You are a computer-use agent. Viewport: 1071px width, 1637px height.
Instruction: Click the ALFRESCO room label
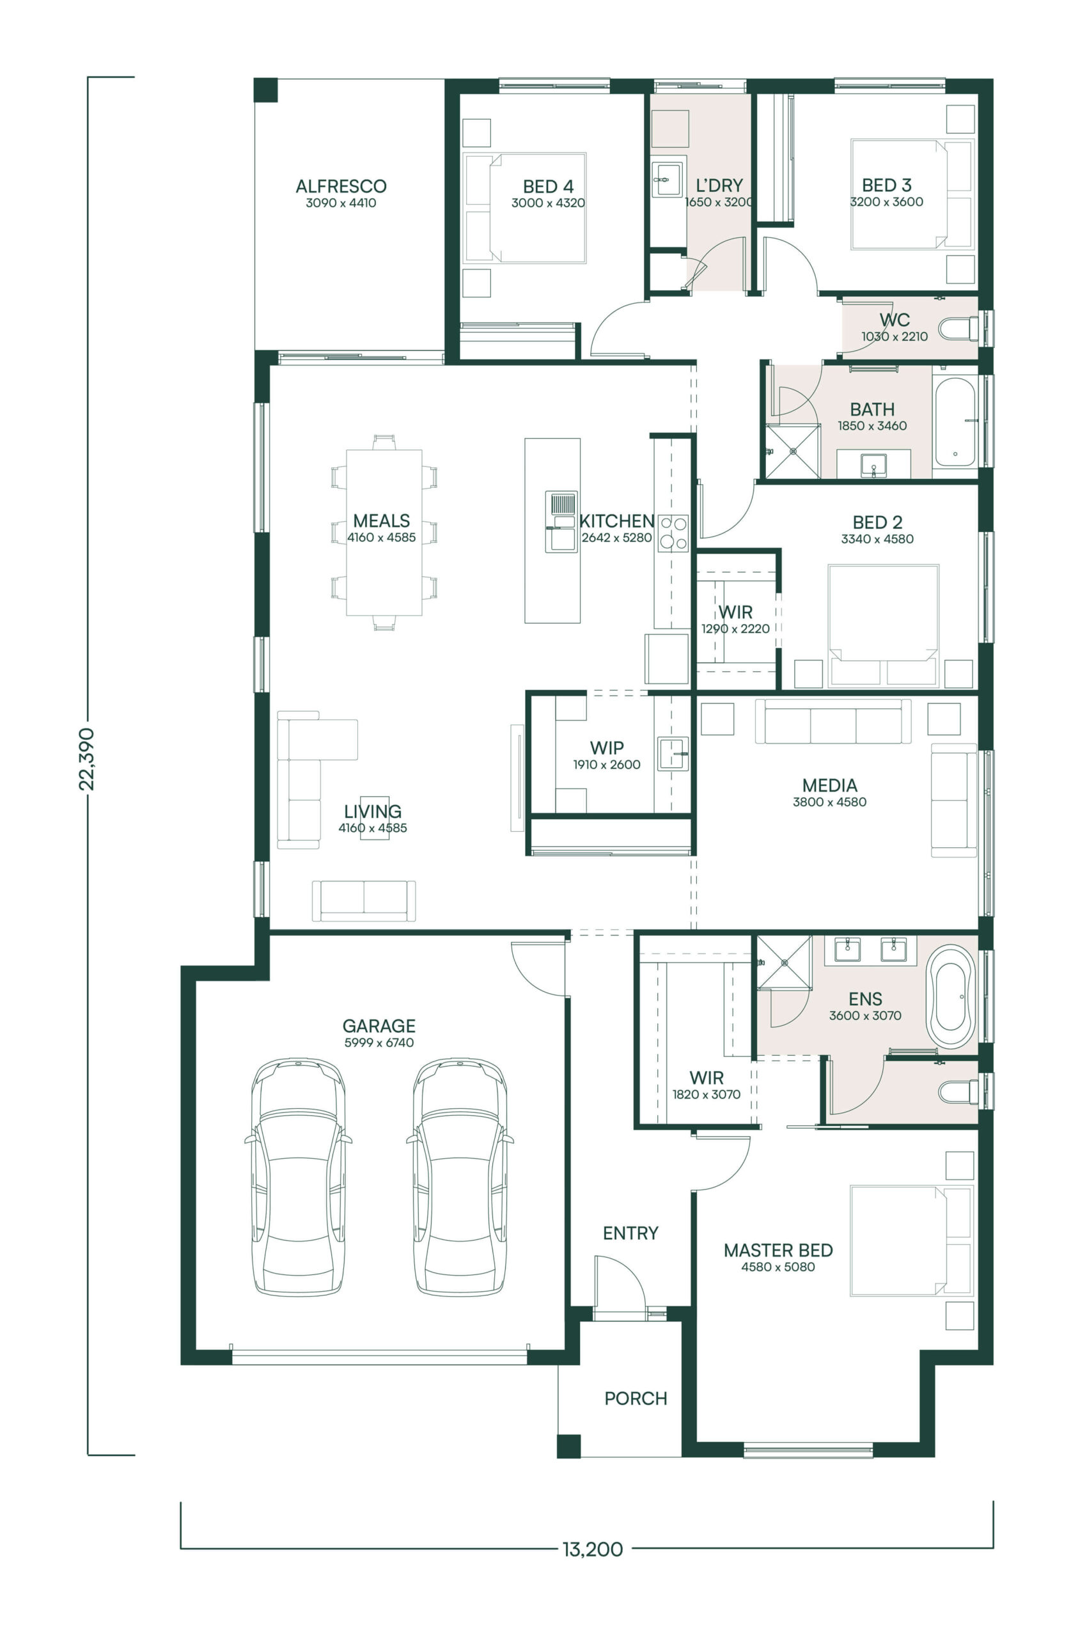pyautogui.click(x=341, y=185)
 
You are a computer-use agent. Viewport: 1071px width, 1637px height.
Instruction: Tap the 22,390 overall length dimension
pyautogui.click(x=87, y=758)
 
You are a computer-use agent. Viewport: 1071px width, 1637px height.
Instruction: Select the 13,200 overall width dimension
pyautogui.click(x=592, y=1549)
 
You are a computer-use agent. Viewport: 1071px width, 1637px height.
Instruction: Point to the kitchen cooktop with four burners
pyautogui.click(x=673, y=533)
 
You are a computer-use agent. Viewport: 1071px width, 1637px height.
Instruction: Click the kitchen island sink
pyautogui.click(x=561, y=521)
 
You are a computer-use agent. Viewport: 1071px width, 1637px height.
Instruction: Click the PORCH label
pyautogui.click(x=636, y=1398)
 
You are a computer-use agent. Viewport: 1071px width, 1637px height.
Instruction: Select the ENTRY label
pyautogui.click(x=630, y=1233)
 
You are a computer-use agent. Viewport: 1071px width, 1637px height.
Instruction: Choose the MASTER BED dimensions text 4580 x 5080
pyautogui.click(x=778, y=1267)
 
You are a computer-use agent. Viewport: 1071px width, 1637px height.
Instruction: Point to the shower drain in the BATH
pyautogui.click(x=792, y=451)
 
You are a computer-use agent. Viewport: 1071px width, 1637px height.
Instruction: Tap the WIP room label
pyautogui.click(x=607, y=748)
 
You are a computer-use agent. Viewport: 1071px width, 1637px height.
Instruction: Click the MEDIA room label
pyautogui.click(x=829, y=785)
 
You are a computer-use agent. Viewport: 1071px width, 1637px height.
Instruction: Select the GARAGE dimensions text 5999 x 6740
pyautogui.click(x=379, y=1043)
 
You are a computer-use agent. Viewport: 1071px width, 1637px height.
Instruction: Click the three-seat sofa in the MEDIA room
pyautogui.click(x=833, y=721)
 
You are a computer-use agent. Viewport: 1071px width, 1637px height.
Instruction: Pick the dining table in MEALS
pyautogui.click(x=384, y=533)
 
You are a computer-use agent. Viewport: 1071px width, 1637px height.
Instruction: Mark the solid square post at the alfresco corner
pyautogui.click(x=265, y=90)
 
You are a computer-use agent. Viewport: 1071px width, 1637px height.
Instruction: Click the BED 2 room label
pyautogui.click(x=877, y=522)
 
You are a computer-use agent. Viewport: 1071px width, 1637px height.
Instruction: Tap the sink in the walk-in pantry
pyautogui.click(x=672, y=753)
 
